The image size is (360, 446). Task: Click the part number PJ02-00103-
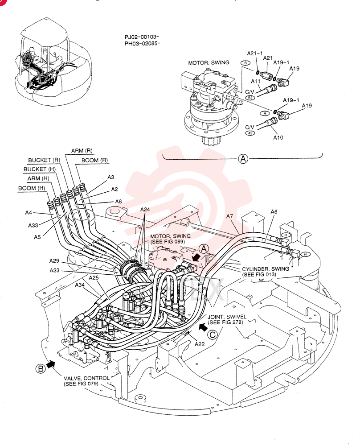point(142,37)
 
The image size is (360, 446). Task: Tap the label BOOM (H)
point(32,188)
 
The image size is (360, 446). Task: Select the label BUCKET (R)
point(44,160)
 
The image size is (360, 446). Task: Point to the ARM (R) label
point(82,150)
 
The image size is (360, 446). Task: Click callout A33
point(33,225)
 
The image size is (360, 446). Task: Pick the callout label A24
point(145,209)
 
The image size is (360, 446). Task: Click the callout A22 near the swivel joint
point(200,344)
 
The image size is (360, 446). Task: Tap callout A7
point(229,216)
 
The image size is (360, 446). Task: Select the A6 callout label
point(274,211)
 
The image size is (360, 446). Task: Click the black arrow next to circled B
point(51,364)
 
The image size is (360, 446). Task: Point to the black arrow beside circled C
point(203,327)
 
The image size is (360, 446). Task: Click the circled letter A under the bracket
point(243,158)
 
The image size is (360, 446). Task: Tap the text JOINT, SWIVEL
point(227,317)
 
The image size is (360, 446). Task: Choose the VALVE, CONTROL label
point(86,378)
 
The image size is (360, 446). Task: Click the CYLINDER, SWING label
point(266,269)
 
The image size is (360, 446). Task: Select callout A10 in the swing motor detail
point(278,137)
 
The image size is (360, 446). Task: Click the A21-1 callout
point(255,53)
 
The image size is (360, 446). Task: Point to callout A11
point(255,81)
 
